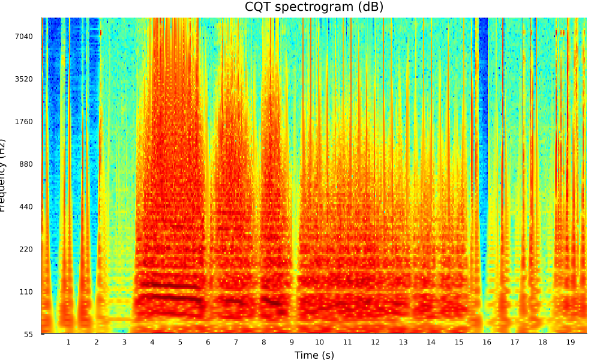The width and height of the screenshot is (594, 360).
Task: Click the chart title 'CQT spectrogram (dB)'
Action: tap(314, 7)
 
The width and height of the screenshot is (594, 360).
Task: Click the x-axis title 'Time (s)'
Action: tap(314, 355)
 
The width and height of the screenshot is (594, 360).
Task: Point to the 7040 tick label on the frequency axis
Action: tap(26, 37)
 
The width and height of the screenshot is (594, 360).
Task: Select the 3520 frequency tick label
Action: tap(26, 79)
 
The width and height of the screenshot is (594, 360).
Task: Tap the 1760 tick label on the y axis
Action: tap(26, 122)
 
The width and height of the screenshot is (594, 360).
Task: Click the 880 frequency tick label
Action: tap(28, 164)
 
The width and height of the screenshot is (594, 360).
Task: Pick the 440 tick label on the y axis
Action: tap(28, 207)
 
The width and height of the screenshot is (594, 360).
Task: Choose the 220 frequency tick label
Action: tap(28, 250)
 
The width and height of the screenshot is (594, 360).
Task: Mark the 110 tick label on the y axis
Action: tap(28, 292)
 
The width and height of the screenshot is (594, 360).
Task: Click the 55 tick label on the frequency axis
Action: tap(31, 334)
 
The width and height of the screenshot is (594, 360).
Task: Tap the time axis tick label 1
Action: tap(68, 342)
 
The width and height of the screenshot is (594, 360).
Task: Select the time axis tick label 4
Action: tap(152, 342)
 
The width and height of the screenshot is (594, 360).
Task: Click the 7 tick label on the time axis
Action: tap(236, 342)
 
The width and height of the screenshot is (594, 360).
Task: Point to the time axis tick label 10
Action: tap(319, 342)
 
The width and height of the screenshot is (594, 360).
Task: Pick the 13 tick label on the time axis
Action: tap(403, 342)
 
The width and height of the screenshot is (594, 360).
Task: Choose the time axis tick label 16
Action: tap(487, 342)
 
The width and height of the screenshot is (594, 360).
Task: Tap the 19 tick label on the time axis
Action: tap(571, 342)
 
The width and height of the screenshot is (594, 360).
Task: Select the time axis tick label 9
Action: tap(292, 342)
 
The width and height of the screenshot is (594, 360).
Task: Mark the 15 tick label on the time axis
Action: tap(459, 342)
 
